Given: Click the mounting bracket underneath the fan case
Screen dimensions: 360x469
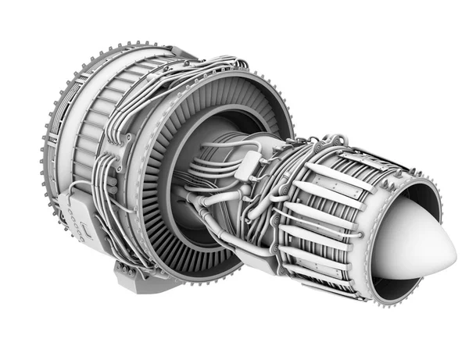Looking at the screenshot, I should pos(133,273).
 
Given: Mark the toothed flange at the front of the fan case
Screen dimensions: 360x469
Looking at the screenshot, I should pos(48,156).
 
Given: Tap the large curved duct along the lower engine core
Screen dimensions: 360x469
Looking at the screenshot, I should pos(227,234).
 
